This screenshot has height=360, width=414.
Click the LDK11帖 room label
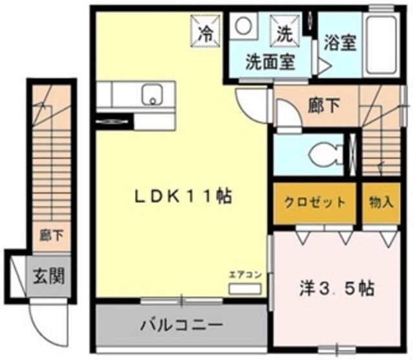[184, 196]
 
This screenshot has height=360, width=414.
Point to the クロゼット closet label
[314, 202]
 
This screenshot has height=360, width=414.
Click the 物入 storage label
[382, 202]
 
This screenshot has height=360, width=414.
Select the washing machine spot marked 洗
[285, 30]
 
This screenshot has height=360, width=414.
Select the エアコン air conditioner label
[245, 275]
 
